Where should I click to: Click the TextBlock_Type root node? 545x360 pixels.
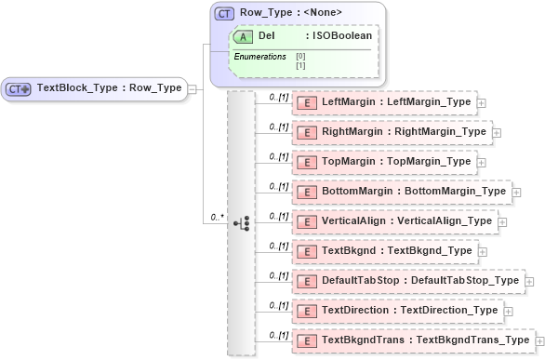click(x=93, y=88)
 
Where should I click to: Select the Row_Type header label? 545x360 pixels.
click(x=278, y=13)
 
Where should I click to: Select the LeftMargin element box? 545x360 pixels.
click(x=384, y=101)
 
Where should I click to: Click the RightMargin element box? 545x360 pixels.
click(x=392, y=132)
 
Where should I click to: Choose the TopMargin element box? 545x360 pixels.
click(x=384, y=162)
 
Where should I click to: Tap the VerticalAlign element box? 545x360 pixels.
click(x=394, y=221)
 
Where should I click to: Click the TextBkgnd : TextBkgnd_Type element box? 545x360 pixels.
click(x=384, y=251)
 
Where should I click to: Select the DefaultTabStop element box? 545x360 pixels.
click(x=408, y=281)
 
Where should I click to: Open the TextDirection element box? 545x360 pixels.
click(x=398, y=311)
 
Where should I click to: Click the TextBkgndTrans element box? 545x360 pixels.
click(x=413, y=340)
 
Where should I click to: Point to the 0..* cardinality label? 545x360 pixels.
click(x=218, y=217)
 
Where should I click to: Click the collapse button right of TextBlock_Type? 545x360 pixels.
click(x=193, y=89)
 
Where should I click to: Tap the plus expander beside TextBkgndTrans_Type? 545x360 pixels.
click(x=540, y=341)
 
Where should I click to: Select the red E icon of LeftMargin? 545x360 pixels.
click(x=307, y=101)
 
